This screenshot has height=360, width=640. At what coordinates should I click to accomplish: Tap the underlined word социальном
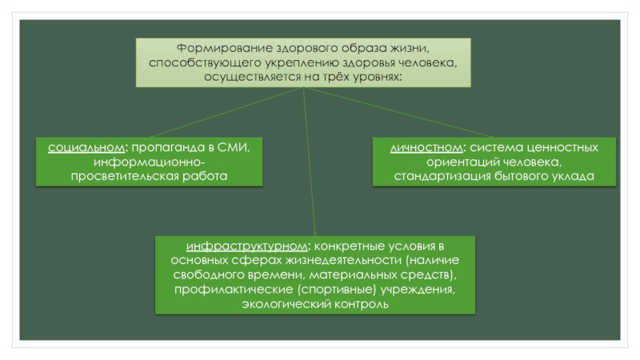[86, 148]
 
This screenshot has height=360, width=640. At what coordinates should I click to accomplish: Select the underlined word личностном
[427, 148]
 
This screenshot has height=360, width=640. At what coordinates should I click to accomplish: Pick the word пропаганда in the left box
[165, 148]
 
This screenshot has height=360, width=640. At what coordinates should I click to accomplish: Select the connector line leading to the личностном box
[400, 112]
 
